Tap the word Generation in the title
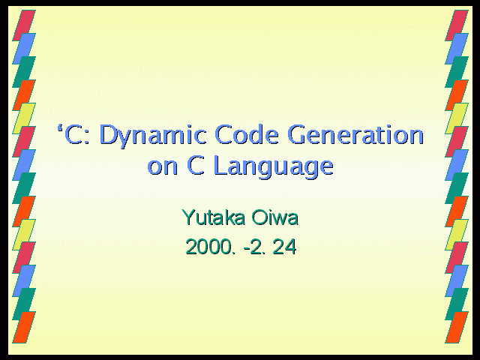[x=355, y=134]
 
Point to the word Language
[x=274, y=166]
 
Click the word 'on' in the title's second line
[x=162, y=167]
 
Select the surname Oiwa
[x=275, y=217]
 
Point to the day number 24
[x=285, y=247]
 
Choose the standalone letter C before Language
[x=196, y=166]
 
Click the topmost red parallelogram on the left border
[x=24, y=25]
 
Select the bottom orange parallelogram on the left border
[x=24, y=327]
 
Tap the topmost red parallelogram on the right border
[x=457, y=25]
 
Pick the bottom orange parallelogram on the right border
[x=457, y=327]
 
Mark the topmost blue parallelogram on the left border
[x=24, y=49]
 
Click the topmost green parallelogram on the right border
[x=457, y=72]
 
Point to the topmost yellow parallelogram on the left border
[x=24, y=118]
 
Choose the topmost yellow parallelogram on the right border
[x=457, y=118]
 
